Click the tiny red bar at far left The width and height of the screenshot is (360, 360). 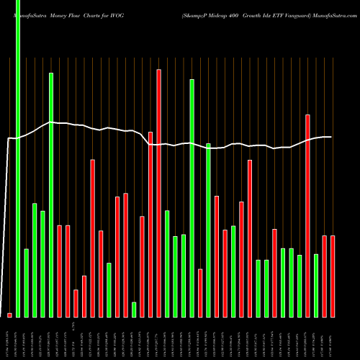coord(10,315)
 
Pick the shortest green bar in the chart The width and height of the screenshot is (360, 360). coord(134,310)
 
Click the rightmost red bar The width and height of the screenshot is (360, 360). coord(333,276)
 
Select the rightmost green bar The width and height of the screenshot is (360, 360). coord(316,285)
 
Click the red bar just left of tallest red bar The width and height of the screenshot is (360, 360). coord(150,224)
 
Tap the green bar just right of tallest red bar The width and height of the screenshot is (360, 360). coord(167,264)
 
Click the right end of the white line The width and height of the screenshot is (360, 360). coord(331,137)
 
